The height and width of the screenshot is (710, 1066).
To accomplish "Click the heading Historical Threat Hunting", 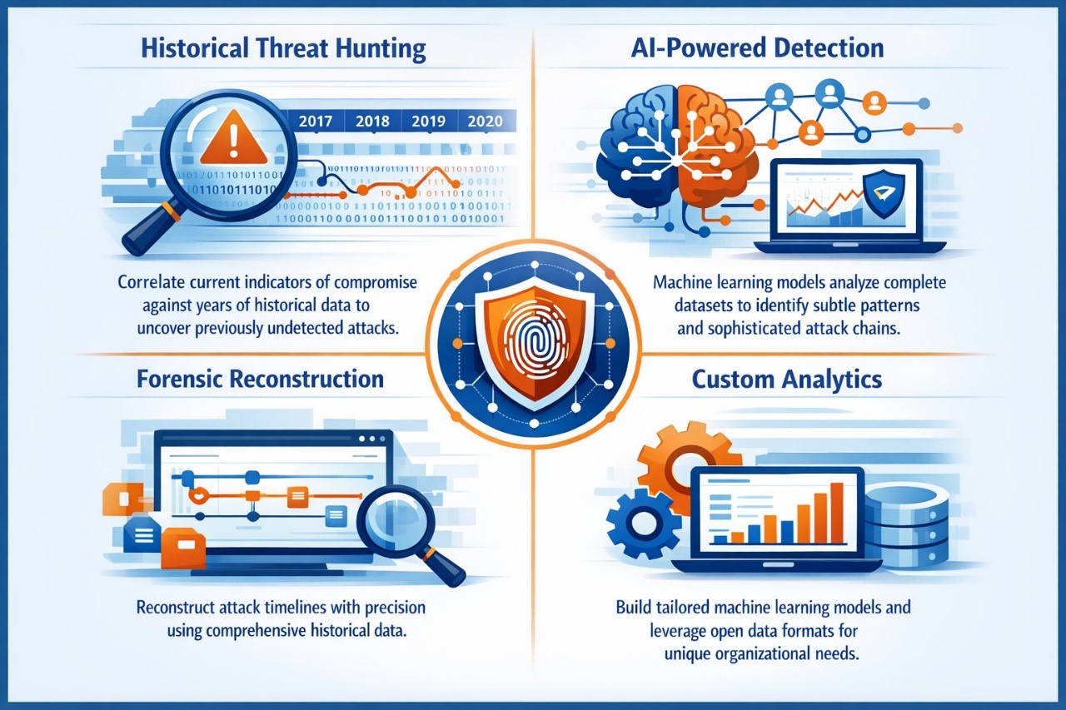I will click(283, 47).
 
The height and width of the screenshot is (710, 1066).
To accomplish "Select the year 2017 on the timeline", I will click(315, 121).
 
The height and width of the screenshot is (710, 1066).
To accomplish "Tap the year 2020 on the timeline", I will click(485, 121).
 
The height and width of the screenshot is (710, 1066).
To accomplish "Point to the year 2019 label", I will click(428, 121).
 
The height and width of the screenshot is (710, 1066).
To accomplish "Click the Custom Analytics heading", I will click(786, 380).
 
